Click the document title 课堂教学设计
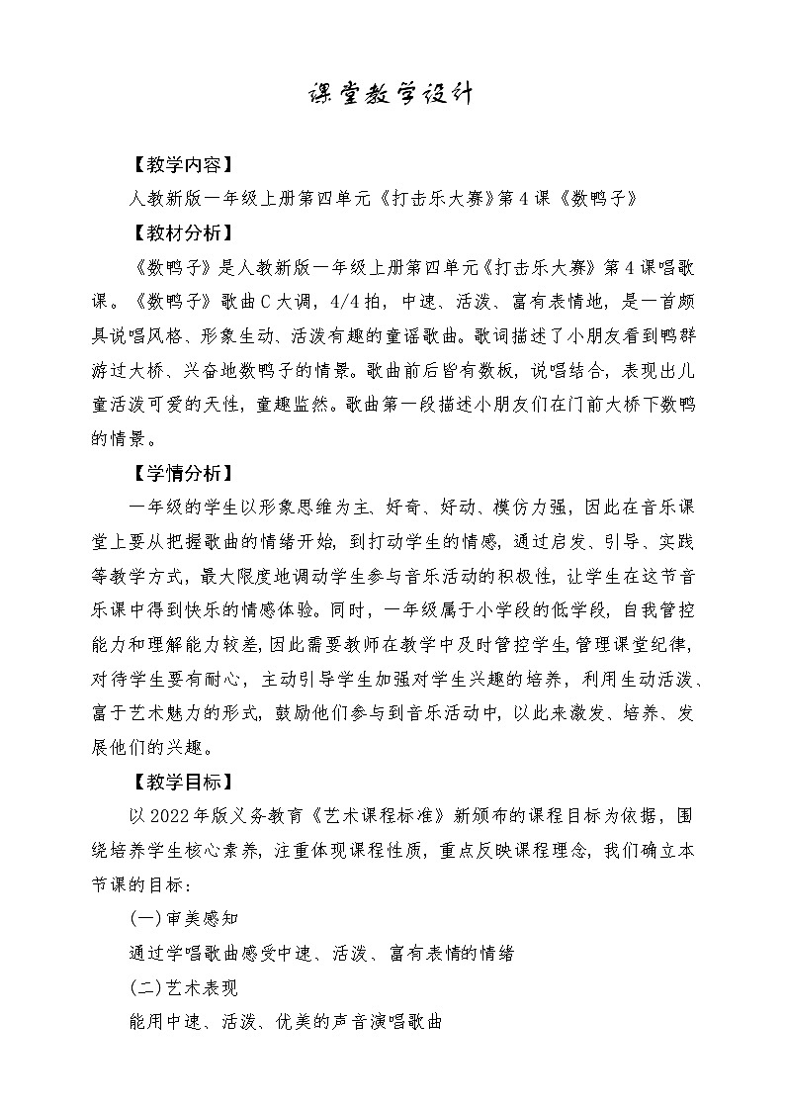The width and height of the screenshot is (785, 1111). click(x=392, y=95)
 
